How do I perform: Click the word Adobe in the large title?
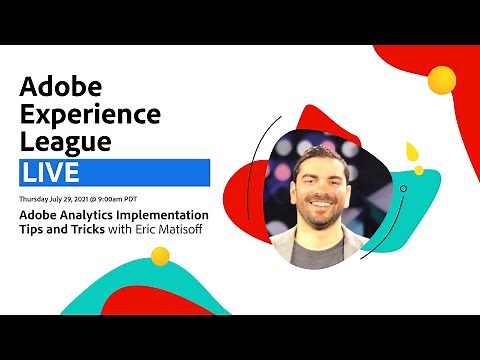coord(61,84)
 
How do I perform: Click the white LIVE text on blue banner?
coord(50,172)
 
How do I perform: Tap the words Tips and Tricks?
coord(64,232)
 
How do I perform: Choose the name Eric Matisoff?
coord(176,232)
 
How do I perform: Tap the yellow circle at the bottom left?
coord(160,255)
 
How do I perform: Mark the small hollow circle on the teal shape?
coord(404,187)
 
